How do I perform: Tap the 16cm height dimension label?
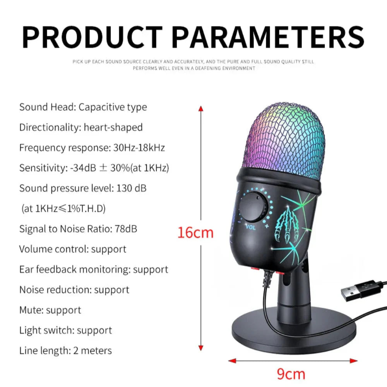point(195,233)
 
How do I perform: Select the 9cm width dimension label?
point(291,374)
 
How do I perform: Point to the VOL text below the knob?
point(251,228)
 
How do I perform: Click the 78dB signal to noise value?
point(126,229)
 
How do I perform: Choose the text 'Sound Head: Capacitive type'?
point(83,107)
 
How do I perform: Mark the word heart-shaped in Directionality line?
point(113,127)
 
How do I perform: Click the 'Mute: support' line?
point(50,310)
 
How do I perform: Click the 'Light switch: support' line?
point(65,330)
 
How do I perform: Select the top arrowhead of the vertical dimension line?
point(200,108)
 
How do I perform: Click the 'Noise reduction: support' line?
point(74,290)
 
